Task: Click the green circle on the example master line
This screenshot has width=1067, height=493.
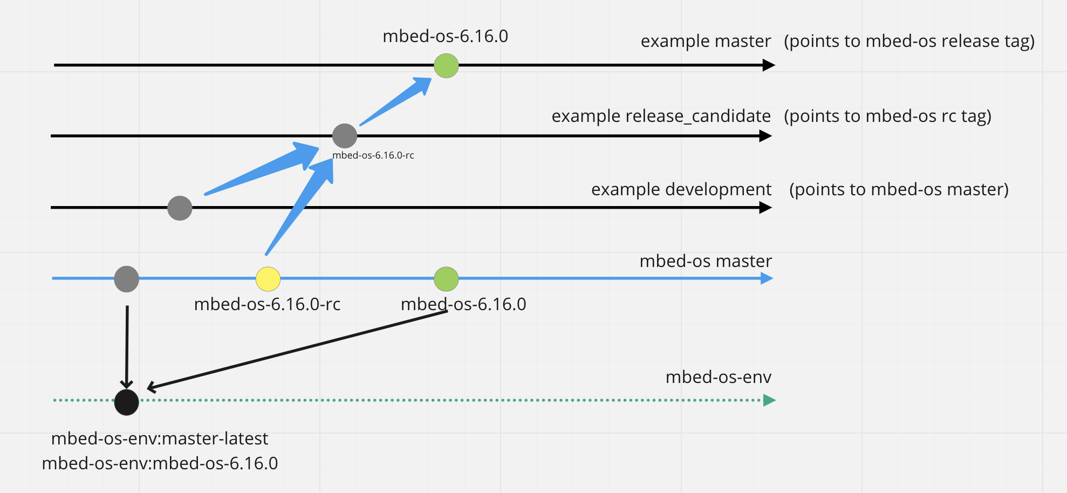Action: tap(446, 66)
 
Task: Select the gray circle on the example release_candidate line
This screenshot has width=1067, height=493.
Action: tap(345, 136)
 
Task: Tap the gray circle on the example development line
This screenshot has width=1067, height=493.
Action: tap(180, 208)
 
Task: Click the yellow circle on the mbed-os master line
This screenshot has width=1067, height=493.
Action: tap(268, 279)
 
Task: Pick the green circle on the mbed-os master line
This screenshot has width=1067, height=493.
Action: tap(446, 279)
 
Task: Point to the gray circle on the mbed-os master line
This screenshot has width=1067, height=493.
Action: tap(127, 279)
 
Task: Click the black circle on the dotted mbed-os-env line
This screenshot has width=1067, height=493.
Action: tap(127, 402)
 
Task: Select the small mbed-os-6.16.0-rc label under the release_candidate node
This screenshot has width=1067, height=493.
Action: tap(373, 155)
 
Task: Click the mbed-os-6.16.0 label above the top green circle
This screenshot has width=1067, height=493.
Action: tap(445, 36)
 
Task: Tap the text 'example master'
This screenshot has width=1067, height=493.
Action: tap(706, 41)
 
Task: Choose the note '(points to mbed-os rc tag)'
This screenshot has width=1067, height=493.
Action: tap(887, 116)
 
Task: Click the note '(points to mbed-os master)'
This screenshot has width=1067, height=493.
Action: tap(899, 189)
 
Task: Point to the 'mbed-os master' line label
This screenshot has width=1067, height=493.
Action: tap(706, 261)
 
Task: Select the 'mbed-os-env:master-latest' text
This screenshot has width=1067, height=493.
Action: tap(160, 439)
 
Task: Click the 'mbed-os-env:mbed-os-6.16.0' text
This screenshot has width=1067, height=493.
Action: tap(160, 463)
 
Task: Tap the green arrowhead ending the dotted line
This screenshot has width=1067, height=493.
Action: tap(769, 400)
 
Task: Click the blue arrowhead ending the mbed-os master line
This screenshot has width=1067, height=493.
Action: tap(767, 278)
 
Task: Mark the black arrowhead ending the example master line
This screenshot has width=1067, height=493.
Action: tap(769, 65)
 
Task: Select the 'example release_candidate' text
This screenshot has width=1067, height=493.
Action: tap(661, 116)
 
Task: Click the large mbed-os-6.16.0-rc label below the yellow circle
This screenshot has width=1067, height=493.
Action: tap(267, 304)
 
